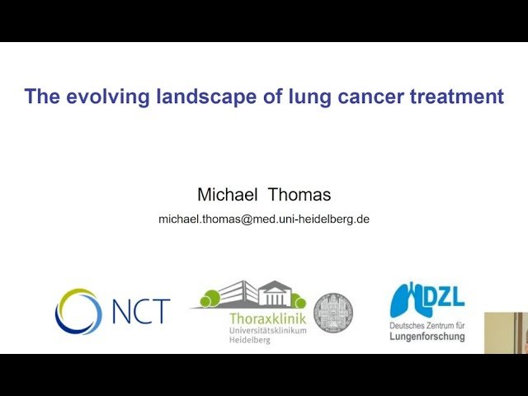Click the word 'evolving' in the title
tap(99, 97)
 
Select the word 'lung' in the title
tap(284, 97)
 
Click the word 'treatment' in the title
tap(448, 97)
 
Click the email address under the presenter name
tap(264, 219)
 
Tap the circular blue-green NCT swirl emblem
tap(78, 312)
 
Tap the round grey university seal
tap(332, 312)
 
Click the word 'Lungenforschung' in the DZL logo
tap(427, 337)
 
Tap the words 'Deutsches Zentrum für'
tap(427, 326)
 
